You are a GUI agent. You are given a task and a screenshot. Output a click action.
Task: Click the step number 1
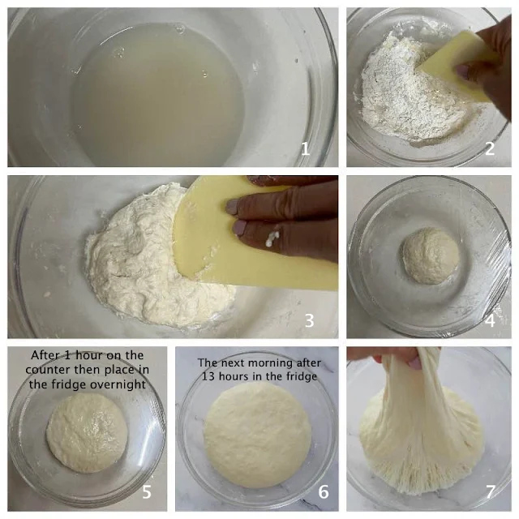coord(305,148)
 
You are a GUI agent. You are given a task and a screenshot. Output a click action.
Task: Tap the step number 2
coord(490,148)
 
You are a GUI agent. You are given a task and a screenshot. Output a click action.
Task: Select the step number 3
coord(309,320)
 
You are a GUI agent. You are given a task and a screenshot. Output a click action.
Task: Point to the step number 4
coord(490,320)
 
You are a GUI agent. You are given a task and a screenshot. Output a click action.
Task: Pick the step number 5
coord(147,492)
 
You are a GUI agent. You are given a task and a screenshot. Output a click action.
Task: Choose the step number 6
coord(324,492)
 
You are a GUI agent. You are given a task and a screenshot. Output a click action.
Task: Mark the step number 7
coord(490,492)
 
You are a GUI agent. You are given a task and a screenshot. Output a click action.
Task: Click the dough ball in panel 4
coord(431,256)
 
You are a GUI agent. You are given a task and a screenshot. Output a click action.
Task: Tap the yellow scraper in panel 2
coord(458,66)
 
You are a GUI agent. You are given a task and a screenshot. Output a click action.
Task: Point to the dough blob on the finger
coord(272,238)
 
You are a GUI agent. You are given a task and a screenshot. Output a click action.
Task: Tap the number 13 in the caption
coord(208,376)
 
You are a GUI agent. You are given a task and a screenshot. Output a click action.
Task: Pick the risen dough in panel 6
coord(257,435)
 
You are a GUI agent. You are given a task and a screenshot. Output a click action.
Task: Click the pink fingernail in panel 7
coord(414,363)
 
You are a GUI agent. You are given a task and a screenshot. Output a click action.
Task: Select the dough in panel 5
coord(87,433)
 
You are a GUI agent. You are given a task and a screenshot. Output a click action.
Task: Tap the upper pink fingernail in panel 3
coord(233,207)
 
